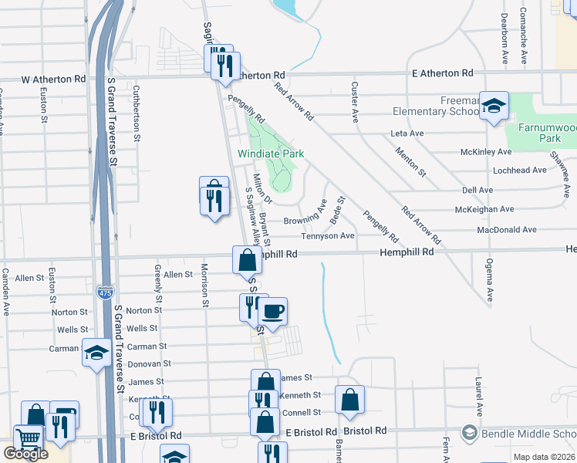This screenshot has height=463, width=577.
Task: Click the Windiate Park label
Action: click(271, 154)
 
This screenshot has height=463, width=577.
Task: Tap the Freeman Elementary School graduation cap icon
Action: click(493, 106)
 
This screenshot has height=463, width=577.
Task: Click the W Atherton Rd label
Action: click(53, 79)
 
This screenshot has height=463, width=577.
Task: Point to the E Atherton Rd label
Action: click(442, 73)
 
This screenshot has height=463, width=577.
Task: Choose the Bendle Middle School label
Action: click(528, 434)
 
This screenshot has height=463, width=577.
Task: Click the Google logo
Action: click(25, 454)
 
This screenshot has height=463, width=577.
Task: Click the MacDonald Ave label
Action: click(506, 230)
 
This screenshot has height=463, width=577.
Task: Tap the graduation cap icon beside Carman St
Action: click(96, 353)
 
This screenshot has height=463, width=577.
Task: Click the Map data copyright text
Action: click(544, 457)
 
